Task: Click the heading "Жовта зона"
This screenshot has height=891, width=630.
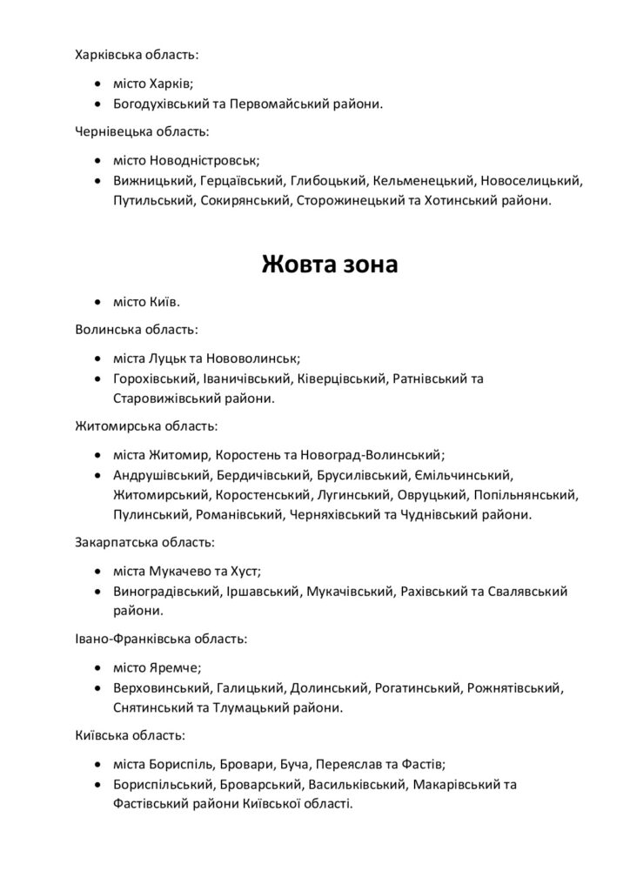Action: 330,264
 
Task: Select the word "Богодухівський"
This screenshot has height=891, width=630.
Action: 161,104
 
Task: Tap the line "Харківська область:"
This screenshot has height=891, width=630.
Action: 137,56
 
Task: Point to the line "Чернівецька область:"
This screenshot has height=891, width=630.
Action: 142,133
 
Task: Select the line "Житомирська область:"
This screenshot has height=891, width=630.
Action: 146,426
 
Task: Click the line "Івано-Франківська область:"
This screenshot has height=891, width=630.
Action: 161,639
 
